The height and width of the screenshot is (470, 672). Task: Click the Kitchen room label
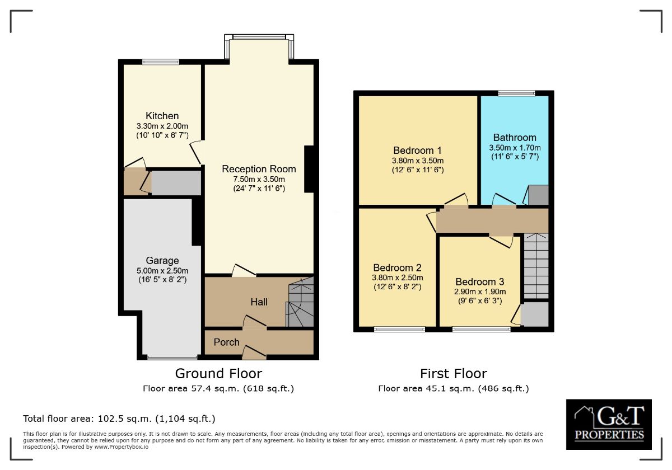pyautogui.click(x=162, y=116)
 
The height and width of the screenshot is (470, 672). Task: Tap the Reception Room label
pyautogui.click(x=259, y=169)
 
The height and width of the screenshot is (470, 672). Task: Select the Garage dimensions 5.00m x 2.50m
pyautogui.click(x=162, y=271)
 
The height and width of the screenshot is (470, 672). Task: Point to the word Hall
pyautogui.click(x=259, y=302)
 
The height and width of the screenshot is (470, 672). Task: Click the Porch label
pyautogui.click(x=226, y=342)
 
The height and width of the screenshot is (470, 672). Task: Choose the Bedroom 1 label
pyautogui.click(x=417, y=150)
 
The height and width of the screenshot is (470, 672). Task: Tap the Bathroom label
pyautogui.click(x=515, y=138)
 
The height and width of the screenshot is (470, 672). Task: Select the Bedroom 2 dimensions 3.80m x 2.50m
pyautogui.click(x=398, y=278)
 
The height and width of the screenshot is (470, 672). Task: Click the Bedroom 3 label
pyautogui.click(x=480, y=282)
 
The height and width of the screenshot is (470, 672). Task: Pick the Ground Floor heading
pyautogui.click(x=218, y=374)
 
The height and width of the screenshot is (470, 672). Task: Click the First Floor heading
pyautogui.click(x=453, y=374)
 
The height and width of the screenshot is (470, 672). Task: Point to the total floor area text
pyautogui.click(x=119, y=419)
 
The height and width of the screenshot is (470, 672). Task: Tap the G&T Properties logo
pyautogui.click(x=609, y=424)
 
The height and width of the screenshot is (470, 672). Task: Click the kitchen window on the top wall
pyautogui.click(x=161, y=62)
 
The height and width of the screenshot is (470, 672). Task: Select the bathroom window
pyautogui.click(x=516, y=93)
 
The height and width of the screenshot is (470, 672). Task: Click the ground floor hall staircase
pyautogui.click(x=300, y=302)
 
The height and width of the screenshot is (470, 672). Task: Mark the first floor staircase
pyautogui.click(x=536, y=266)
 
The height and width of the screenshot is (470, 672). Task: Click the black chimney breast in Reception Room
pyautogui.click(x=309, y=169)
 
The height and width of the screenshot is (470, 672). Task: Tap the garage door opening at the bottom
pyautogui.click(x=172, y=358)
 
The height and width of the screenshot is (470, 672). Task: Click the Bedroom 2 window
pyautogui.click(x=400, y=330)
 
